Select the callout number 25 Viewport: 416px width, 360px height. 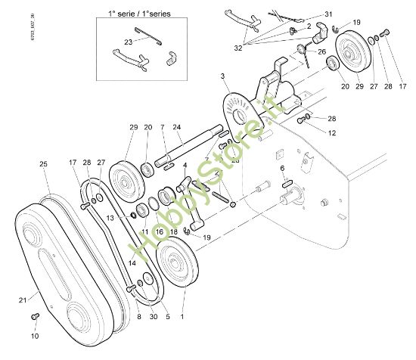43,163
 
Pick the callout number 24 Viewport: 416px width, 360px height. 176,127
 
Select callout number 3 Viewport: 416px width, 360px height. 223,77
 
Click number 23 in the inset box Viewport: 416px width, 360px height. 128,42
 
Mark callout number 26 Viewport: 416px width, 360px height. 321,52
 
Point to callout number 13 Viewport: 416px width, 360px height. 110,216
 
